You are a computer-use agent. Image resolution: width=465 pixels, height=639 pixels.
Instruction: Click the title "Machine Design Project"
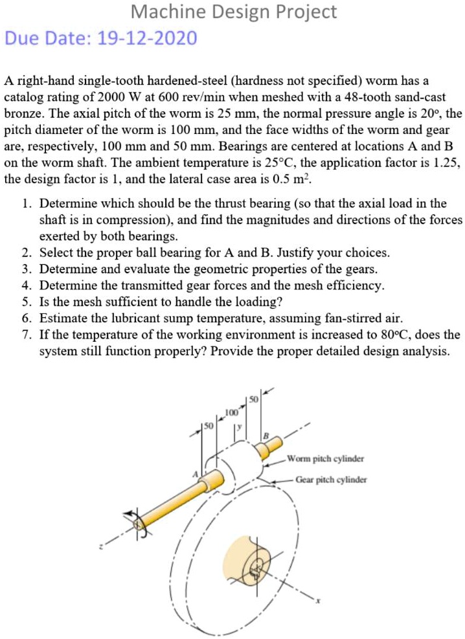pos(234,12)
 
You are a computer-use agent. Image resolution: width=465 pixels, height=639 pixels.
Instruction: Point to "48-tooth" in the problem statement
pos(363,97)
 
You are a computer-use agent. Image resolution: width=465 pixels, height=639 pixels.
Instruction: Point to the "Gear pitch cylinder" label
pos(331,480)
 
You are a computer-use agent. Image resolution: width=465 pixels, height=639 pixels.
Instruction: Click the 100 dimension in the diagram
pos(230,412)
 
